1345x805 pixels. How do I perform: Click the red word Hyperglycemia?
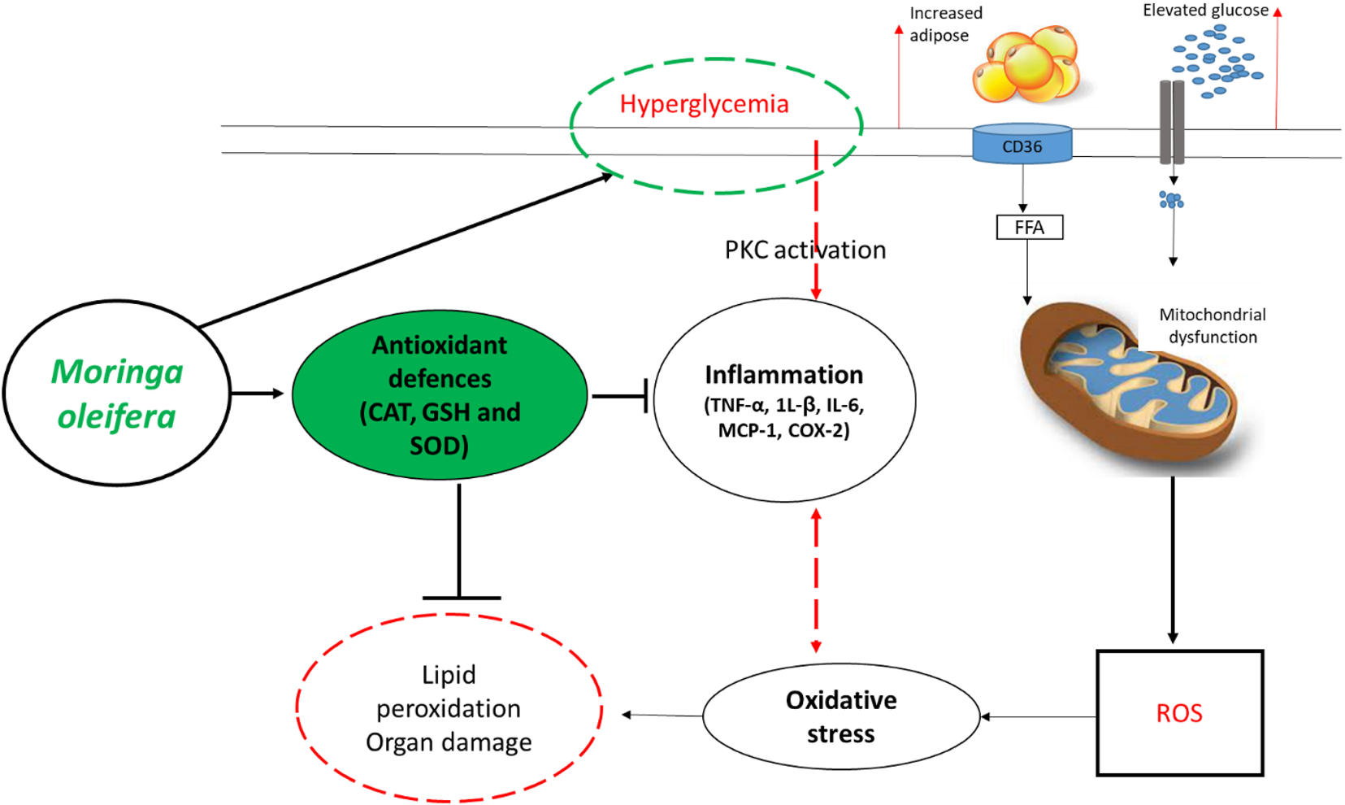pos(704,104)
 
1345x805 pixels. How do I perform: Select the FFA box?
pos(1029,227)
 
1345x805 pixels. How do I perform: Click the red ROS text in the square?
pos(1178,713)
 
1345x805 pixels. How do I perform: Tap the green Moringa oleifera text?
pos(116,394)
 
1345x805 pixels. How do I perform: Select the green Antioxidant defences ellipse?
pos(439,394)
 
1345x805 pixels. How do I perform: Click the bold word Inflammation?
pos(783,375)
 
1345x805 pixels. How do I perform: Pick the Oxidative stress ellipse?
pos(840,716)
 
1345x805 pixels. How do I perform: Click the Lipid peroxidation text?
pos(449,691)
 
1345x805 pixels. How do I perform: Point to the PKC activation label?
pos(805,250)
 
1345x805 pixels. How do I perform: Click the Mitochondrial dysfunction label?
pos(1212,325)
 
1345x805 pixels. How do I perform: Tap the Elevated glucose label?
pos(1205,11)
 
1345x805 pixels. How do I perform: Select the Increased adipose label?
pos(944,24)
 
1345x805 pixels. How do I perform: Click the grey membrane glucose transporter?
pos(1171,122)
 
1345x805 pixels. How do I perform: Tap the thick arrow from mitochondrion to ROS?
pos(1172,561)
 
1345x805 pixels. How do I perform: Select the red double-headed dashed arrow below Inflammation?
pos(816,581)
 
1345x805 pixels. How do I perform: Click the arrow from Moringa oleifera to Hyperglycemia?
pos(406,250)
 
